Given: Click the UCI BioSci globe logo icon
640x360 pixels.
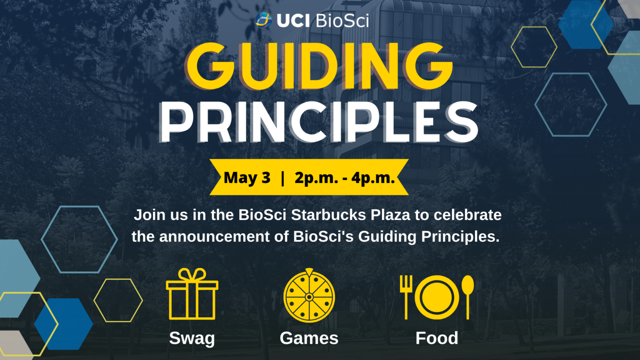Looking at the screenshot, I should coord(264,20).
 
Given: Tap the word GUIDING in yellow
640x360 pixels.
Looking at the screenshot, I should coord(319,67).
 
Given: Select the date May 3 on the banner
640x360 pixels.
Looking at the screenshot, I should coord(247,178).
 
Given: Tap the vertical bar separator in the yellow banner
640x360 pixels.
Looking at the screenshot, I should coord(283,178).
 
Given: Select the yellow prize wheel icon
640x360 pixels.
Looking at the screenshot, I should coord(309,296).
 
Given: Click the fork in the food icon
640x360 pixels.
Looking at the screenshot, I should coord(406,296).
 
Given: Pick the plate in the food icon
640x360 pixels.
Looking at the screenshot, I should coord(437,297).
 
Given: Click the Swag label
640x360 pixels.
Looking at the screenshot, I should coord(192,338).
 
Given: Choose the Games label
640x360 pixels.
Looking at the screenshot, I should coord(309,338).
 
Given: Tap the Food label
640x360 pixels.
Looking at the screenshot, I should coord(437,338).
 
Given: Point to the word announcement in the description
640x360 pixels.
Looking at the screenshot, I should coord(215,237).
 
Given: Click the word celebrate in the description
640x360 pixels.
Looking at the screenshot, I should coord(467,215).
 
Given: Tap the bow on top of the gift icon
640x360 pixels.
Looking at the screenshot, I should coord(192,275).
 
